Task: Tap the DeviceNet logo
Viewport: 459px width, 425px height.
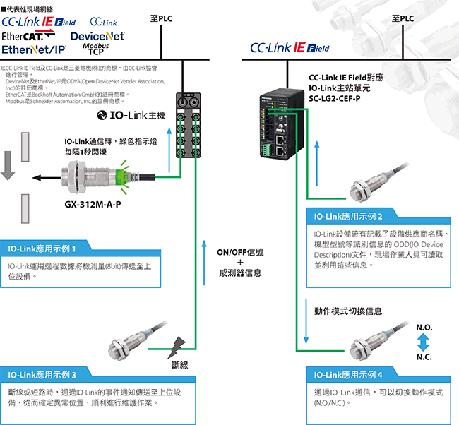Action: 97,35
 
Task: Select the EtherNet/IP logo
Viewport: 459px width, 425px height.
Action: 33,49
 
